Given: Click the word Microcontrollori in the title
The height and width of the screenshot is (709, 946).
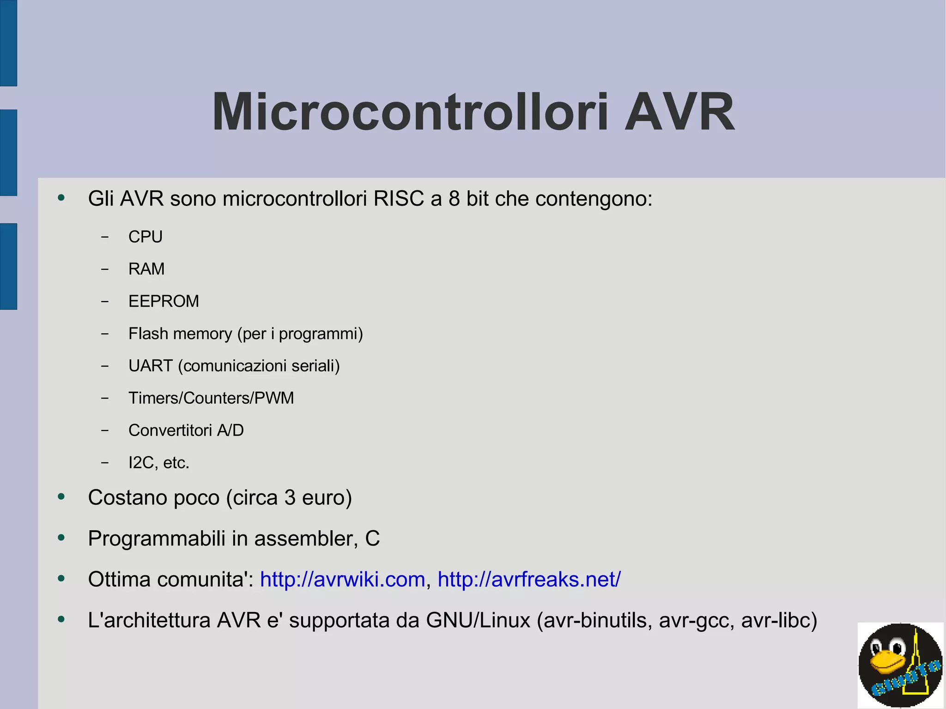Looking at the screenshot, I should coord(410,112).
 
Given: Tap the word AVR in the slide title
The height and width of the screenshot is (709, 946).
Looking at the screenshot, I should coord(679,112).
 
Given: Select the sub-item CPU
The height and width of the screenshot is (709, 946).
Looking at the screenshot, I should coord(146,237).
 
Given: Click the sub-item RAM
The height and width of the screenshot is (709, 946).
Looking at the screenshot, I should coord(146,269).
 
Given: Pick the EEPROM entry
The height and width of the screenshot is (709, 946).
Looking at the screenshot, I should coord(164,301).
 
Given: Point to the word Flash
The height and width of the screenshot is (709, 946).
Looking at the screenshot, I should coord(148,333).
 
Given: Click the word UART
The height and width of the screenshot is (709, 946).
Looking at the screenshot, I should coord(151,366).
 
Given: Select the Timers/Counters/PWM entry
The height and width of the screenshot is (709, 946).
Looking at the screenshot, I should coord(211,398).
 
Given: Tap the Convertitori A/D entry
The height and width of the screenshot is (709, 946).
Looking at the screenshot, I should coord(186,430).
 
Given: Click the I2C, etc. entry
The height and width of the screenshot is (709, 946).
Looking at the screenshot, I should coord(159,463).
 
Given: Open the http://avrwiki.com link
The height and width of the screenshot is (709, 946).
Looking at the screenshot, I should coord(342,579).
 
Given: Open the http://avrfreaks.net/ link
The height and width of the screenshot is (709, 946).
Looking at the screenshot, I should coord(529,579).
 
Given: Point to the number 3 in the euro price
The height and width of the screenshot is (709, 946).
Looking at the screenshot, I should coord(290,498).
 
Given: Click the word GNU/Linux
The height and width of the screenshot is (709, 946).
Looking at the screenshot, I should coord(478,620).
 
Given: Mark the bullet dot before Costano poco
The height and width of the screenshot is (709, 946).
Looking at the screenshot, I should coord(61,497).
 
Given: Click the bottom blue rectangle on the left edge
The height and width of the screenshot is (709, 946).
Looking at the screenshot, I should coord(8,266).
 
